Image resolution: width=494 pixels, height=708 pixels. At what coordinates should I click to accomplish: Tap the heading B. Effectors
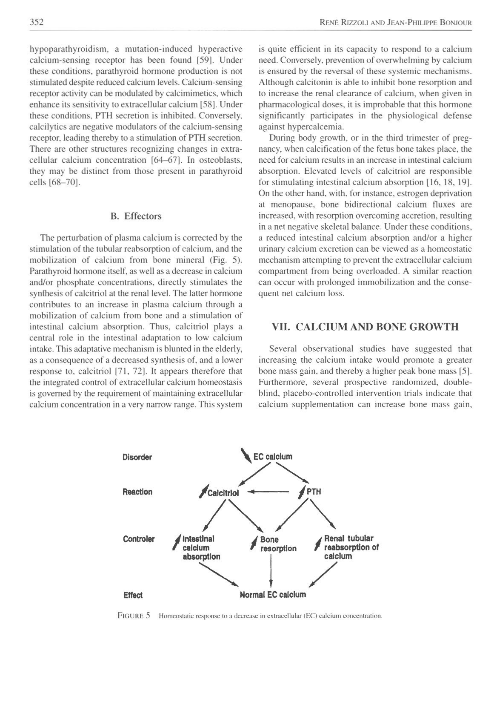click(136, 216)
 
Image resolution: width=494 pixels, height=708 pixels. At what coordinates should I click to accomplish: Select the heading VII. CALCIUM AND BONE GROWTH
click(365, 327)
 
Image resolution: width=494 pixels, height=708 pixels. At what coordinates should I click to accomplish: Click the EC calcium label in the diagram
click(273, 457)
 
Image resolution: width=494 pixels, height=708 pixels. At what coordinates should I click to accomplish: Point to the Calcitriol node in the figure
click(223, 493)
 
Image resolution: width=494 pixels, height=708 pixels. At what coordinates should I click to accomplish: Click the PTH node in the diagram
click(314, 492)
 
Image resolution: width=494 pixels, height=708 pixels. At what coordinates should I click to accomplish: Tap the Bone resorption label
click(278, 544)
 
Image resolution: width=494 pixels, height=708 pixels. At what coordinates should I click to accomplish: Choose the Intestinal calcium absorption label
click(201, 547)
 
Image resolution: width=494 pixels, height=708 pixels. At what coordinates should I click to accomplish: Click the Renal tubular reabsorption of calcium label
click(351, 547)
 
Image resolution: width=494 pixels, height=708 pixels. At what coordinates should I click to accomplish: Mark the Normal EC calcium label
click(273, 594)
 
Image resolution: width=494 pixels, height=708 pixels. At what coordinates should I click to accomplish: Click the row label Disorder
click(137, 457)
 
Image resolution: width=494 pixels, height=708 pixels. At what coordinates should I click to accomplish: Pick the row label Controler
click(138, 539)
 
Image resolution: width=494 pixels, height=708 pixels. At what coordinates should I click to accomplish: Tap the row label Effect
click(133, 595)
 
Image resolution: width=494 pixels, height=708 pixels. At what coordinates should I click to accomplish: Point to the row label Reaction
click(137, 492)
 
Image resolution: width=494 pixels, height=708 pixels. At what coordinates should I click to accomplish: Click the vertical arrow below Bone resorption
click(271, 571)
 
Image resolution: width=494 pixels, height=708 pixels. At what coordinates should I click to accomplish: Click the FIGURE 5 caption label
click(134, 616)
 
